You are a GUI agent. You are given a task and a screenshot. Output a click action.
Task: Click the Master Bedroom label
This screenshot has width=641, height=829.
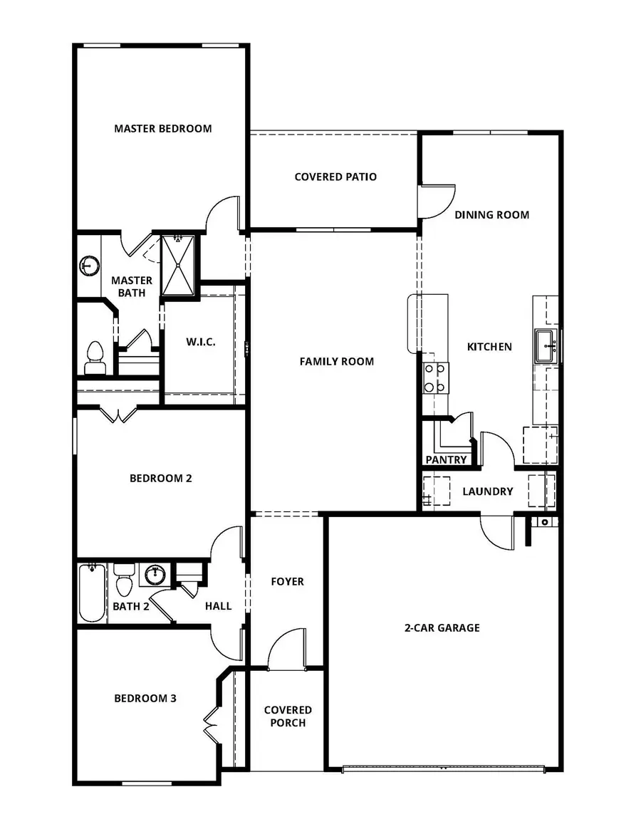tap(163, 129)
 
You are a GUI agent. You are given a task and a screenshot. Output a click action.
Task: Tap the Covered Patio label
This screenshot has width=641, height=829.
tap(335, 177)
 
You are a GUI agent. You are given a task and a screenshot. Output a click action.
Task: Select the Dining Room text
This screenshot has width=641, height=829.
tap(491, 214)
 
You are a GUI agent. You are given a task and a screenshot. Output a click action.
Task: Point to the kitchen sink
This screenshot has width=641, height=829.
tap(546, 347)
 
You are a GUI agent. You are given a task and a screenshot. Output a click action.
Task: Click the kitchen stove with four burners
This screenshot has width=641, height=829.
tap(436, 377)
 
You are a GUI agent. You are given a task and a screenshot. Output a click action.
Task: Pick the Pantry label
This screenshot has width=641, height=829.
tap(446, 460)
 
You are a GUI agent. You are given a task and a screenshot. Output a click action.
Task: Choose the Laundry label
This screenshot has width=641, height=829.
tap(488, 491)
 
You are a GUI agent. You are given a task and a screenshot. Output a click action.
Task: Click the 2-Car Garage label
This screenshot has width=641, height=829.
tap(442, 628)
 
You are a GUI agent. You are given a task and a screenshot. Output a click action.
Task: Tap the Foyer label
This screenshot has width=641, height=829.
tap(287, 582)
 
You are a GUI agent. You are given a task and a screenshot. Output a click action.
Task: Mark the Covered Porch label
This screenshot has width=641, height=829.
tap(288, 716)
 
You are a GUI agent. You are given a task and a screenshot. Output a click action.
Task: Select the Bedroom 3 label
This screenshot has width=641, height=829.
tap(145, 699)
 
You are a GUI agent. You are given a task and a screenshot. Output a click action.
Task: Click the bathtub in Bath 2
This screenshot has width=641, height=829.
tap(91, 593)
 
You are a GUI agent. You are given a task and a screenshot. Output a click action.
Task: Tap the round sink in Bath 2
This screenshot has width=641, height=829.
tap(155, 573)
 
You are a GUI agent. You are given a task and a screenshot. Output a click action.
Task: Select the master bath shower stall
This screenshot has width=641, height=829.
tap(177, 264)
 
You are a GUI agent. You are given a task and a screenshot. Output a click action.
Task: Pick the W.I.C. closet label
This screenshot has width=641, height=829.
tap(201, 342)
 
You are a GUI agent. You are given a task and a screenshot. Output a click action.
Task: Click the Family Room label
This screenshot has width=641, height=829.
tap(336, 362)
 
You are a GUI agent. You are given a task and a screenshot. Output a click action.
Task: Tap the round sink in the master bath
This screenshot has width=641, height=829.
tap(88, 266)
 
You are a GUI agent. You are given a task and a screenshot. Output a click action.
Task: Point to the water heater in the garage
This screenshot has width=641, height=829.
tap(545, 522)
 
